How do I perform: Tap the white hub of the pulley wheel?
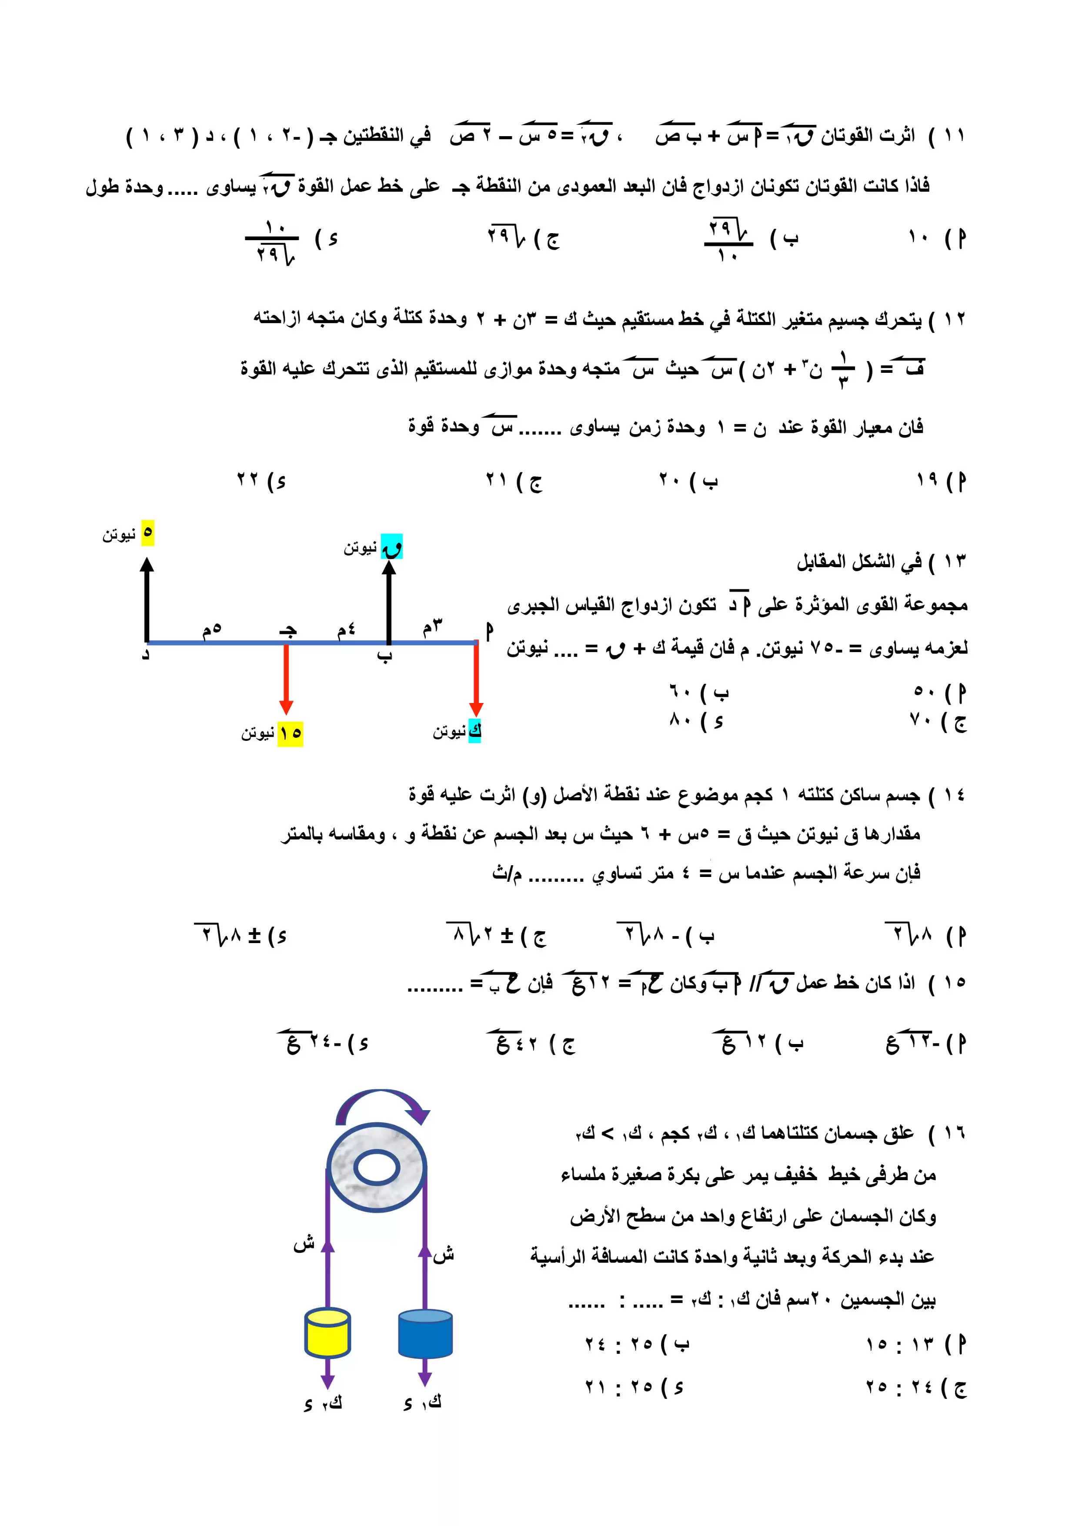(x=377, y=1167)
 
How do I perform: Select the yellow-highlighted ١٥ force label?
(x=291, y=733)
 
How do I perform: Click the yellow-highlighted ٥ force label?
(x=147, y=532)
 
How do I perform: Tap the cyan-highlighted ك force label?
(x=474, y=730)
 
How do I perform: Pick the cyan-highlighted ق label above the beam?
(x=392, y=547)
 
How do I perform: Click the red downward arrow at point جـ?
(x=286, y=678)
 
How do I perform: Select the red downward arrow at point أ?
(x=476, y=678)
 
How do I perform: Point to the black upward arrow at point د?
(x=147, y=598)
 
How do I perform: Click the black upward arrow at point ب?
(x=389, y=602)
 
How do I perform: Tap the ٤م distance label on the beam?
(x=346, y=629)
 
